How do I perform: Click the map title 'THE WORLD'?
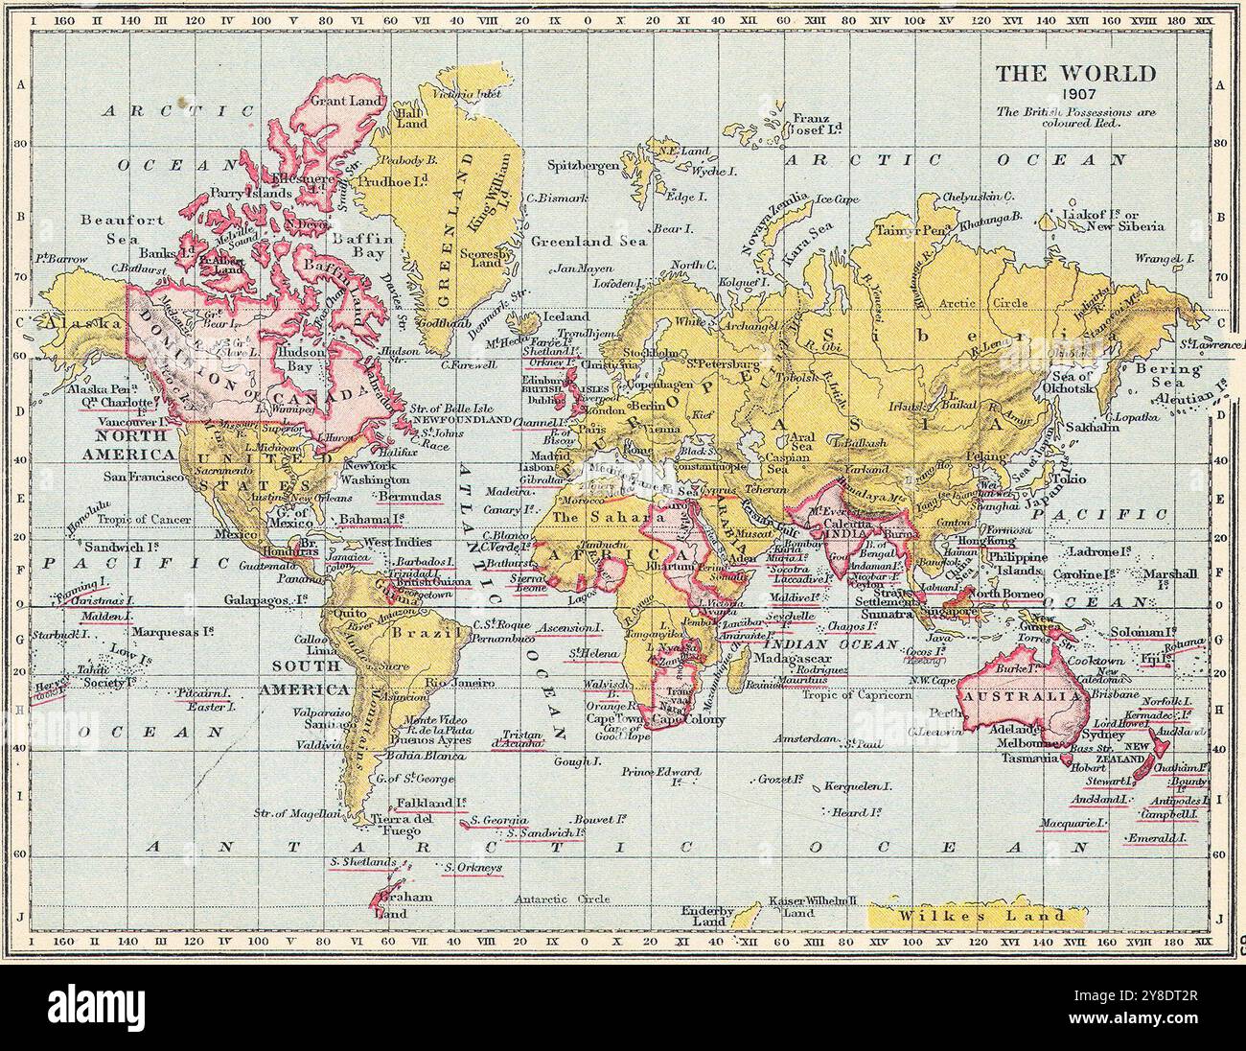point(1074,74)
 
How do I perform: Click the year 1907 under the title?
point(1074,95)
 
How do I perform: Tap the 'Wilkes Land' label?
point(982,915)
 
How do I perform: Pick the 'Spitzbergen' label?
point(583,165)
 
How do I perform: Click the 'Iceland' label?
point(565,315)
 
